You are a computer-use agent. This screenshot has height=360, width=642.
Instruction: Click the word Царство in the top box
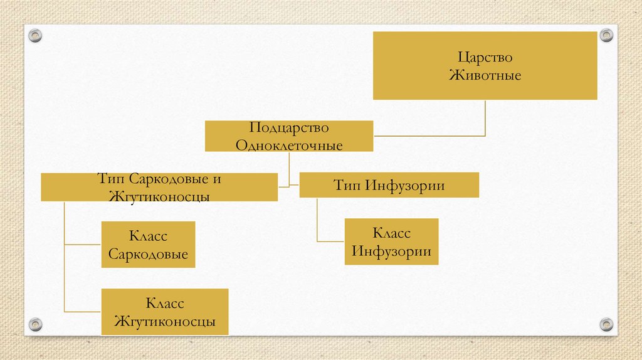[485, 58]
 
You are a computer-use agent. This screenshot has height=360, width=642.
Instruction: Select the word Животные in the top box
[485, 75]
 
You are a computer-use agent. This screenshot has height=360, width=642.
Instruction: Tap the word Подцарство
[289, 128]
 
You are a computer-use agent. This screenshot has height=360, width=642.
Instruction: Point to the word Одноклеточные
[289, 146]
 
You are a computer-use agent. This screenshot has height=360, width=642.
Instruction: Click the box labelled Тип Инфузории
[389, 186]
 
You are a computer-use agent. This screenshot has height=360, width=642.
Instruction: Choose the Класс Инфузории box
[391, 242]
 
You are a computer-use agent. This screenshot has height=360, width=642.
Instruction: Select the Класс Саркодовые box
[148, 245]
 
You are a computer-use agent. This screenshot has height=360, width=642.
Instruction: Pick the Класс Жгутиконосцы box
[164, 312]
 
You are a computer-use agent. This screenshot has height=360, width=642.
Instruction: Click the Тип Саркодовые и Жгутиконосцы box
[159, 188]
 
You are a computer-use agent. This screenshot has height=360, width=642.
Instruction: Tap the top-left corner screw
[35, 36]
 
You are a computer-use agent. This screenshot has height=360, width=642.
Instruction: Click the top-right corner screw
[606, 35]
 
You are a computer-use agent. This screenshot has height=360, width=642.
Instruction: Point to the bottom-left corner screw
[35, 324]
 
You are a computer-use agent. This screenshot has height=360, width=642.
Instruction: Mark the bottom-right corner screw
[606, 324]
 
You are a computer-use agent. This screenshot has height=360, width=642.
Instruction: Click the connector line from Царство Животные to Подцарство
[485, 119]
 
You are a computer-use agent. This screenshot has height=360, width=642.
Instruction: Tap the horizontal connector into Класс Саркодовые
[83, 244]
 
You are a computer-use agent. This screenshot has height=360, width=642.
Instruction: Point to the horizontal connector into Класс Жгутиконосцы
[83, 312]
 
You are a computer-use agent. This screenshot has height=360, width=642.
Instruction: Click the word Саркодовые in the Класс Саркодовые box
[148, 254]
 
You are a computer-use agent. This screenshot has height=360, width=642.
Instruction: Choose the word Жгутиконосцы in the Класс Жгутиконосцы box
[164, 321]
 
